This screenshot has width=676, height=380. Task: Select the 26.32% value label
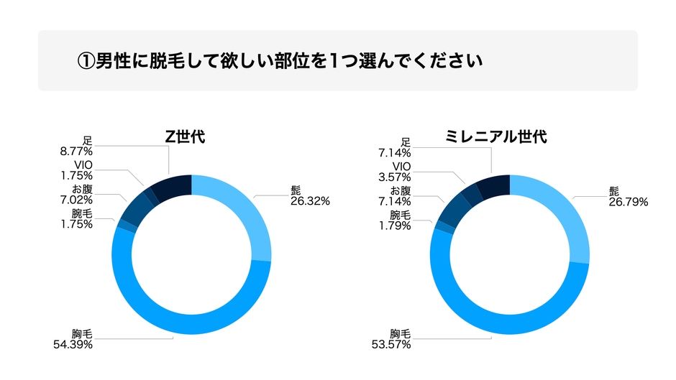[x=310, y=202]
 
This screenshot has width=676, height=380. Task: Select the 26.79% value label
[x=628, y=203]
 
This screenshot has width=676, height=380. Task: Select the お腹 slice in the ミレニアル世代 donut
[x=452, y=210]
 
